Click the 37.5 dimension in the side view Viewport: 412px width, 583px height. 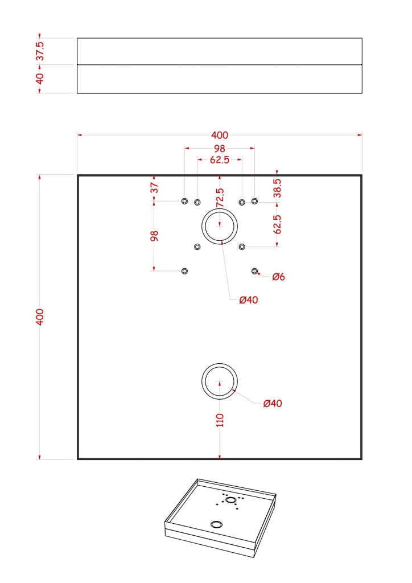(40, 51)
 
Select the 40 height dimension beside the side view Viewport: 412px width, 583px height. (40, 79)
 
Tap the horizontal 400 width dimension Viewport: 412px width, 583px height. (220, 135)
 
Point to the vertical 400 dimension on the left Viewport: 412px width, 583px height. (40, 317)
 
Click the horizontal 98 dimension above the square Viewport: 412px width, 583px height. (220, 149)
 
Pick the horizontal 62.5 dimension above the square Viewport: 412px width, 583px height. (220, 160)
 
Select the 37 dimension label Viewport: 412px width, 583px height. (154, 187)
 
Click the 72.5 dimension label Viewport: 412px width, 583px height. (220, 198)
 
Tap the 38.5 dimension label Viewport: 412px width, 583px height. (277, 188)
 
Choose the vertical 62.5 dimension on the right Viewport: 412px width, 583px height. (277, 224)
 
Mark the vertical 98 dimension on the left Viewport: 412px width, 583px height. (154, 236)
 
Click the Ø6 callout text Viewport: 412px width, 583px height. (279, 277)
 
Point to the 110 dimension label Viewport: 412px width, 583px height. (220, 420)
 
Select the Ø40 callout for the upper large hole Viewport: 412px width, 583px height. (249, 299)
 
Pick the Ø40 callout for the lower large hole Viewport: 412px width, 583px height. (273, 404)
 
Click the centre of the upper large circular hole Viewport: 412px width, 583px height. (220, 225)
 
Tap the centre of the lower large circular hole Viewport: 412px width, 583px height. (220, 381)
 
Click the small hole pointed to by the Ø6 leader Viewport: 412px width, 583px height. (254, 271)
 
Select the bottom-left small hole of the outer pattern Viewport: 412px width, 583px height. (184, 271)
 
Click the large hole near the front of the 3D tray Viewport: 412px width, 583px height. (217, 524)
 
